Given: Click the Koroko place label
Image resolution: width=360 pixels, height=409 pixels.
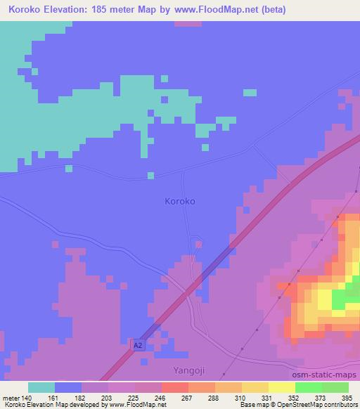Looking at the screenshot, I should coord(179,201).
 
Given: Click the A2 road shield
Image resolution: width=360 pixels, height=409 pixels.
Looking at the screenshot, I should coord(139,346).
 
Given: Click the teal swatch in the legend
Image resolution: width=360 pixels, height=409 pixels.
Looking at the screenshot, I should coord(41,387).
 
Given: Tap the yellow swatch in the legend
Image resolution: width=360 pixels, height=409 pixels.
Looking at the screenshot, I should coord(255,387).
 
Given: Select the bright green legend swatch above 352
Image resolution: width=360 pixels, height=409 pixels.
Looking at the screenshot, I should coord(308,387).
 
